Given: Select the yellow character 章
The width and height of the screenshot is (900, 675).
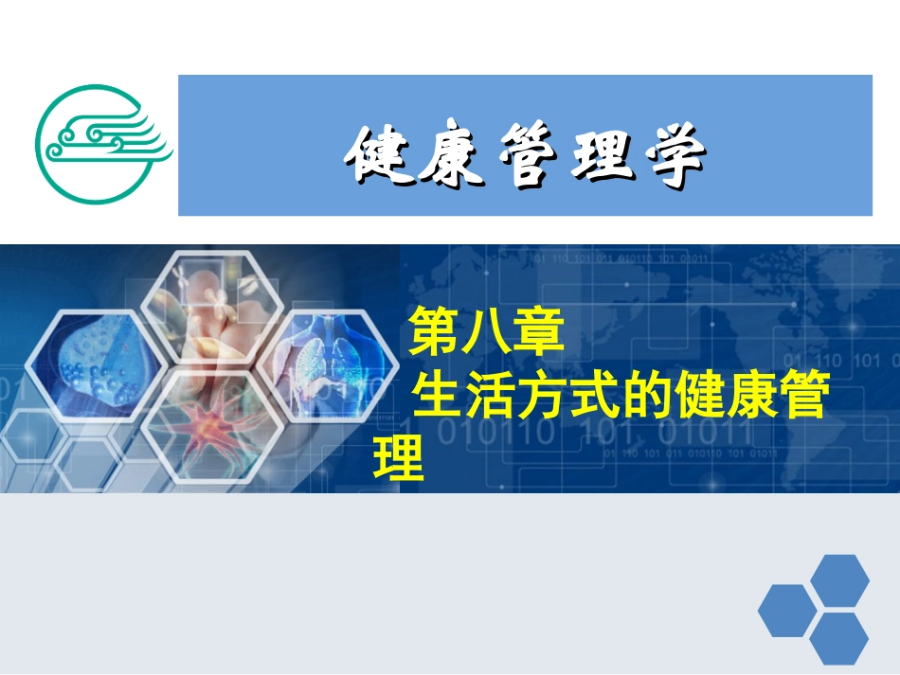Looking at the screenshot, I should pos(539,333).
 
